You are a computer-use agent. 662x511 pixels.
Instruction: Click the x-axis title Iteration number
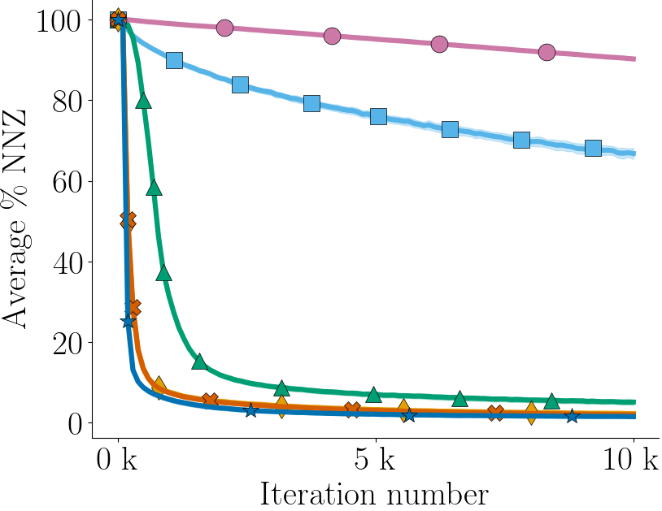(x=374, y=493)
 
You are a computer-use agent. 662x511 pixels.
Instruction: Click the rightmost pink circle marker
(x=547, y=52)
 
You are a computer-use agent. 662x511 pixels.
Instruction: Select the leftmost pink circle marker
(x=224, y=28)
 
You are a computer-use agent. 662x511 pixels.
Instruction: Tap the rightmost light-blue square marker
(x=593, y=148)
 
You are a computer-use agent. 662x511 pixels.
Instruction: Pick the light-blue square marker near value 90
(x=174, y=61)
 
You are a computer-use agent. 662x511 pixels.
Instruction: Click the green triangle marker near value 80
(x=144, y=101)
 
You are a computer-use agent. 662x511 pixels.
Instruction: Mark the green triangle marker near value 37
(x=164, y=273)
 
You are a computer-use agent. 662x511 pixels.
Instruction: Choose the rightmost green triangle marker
(x=551, y=401)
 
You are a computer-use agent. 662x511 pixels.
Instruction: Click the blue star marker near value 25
(x=128, y=322)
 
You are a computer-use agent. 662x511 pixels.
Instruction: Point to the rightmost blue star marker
(x=573, y=416)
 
